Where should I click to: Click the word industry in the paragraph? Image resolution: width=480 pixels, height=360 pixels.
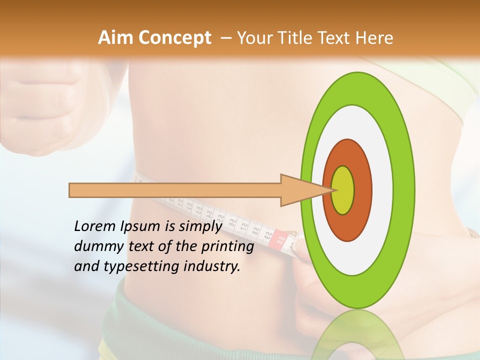click(212, 267)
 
